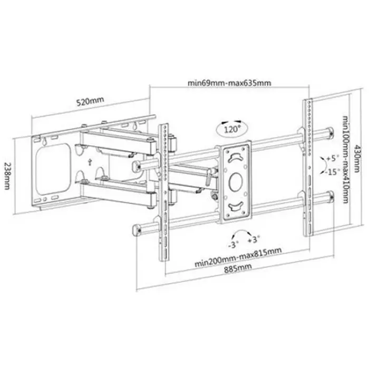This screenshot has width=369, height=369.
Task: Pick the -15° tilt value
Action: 332,171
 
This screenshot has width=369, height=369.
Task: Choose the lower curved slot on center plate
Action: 236,205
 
